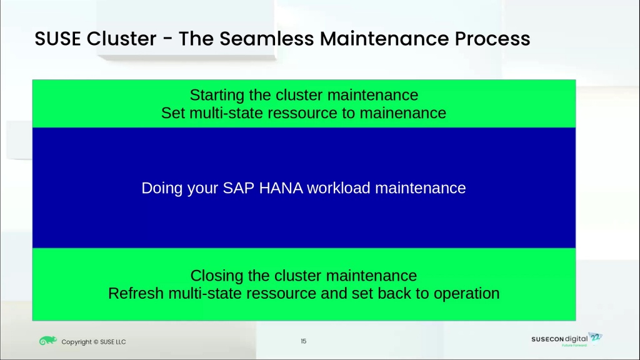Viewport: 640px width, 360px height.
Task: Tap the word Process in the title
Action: coord(492,39)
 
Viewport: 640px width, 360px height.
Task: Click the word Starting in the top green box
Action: coord(217,95)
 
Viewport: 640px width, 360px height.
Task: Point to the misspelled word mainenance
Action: coord(403,113)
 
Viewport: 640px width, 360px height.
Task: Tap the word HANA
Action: coord(281,188)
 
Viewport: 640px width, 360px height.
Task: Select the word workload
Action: coord(339,188)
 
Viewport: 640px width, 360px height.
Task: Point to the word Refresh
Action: coord(136,294)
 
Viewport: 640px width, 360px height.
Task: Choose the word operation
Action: coord(466,294)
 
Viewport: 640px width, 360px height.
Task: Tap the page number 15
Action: coord(303,341)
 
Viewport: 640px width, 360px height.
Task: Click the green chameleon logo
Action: coord(47,341)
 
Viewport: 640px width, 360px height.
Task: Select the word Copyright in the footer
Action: coord(77,342)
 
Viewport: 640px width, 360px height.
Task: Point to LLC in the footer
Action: coord(121,342)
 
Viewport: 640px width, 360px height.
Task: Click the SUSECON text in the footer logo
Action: coord(547,339)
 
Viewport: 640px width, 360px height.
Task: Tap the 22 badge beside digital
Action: coord(596,337)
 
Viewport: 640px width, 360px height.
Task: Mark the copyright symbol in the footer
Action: coord(96,342)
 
